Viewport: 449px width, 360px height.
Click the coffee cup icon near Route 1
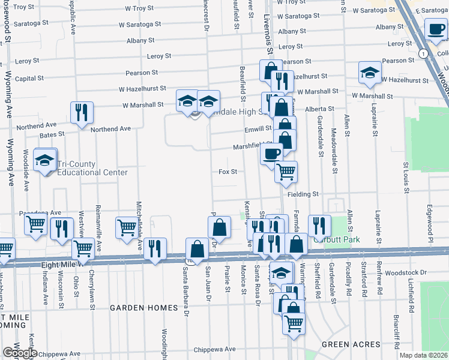coord(435,28)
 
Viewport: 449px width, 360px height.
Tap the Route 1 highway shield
coord(424,54)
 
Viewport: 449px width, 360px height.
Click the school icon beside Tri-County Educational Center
coord(45,160)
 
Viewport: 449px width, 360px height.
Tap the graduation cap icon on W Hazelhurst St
coord(370,73)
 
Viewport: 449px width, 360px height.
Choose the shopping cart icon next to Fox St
coord(286,172)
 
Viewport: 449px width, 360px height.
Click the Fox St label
coord(228,172)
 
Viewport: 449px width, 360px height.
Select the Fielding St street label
coord(302,194)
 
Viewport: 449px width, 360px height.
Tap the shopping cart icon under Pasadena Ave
coord(36,225)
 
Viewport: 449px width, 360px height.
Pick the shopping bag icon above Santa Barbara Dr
coord(197,248)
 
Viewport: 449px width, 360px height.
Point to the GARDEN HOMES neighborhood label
coord(143,308)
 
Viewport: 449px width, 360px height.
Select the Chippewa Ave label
coord(214,349)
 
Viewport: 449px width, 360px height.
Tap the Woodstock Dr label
coord(409,272)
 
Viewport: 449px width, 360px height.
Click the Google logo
coord(20,353)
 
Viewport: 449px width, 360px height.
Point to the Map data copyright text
coord(424,355)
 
